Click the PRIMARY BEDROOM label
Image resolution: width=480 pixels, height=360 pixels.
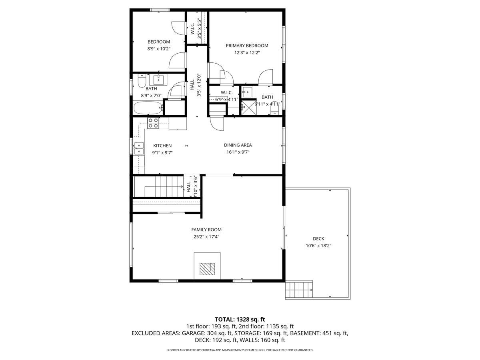(x=247, y=46)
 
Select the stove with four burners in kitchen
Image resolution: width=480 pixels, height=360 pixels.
(x=153, y=123)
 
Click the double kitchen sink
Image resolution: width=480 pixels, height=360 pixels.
(x=138, y=148)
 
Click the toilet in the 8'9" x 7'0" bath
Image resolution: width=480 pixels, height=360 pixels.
(x=141, y=82)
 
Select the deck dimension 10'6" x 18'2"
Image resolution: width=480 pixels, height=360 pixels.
(x=318, y=246)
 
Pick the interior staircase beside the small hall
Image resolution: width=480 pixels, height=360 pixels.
(x=158, y=186)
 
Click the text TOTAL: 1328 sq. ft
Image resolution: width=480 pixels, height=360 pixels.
(x=240, y=319)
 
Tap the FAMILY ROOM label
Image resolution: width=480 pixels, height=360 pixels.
(x=206, y=230)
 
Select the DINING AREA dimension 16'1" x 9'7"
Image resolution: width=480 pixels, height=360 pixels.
(x=238, y=152)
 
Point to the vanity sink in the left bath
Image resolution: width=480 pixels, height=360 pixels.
(x=159, y=78)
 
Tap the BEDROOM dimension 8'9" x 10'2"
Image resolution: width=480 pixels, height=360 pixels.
(x=159, y=49)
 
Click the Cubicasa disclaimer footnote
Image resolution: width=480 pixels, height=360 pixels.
(x=240, y=350)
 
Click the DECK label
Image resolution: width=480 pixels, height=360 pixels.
(x=318, y=239)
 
